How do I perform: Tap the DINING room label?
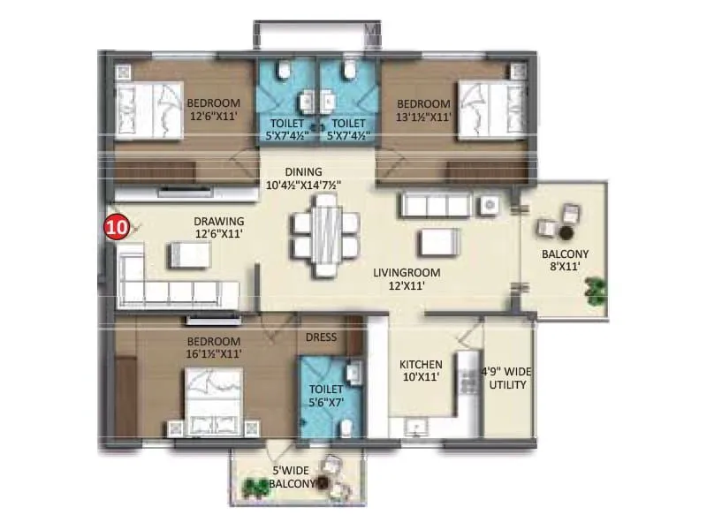(x=303, y=178)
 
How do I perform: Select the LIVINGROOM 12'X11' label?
(x=407, y=280)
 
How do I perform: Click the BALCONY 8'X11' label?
(x=565, y=261)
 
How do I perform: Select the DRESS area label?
(x=320, y=337)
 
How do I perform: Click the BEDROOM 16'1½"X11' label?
(x=215, y=347)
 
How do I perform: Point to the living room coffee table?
(x=438, y=241)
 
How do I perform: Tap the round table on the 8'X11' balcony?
(x=565, y=231)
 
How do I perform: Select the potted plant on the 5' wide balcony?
(x=255, y=485)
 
